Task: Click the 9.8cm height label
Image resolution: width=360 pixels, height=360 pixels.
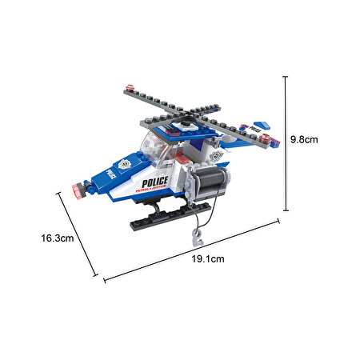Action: (x=304, y=138)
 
